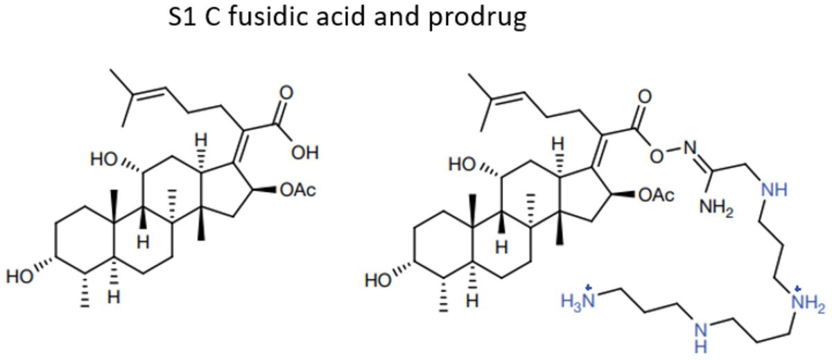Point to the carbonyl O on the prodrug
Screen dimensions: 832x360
coord(645,94)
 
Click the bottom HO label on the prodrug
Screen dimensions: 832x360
coord(379,282)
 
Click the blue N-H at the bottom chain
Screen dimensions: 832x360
coord(702,335)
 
